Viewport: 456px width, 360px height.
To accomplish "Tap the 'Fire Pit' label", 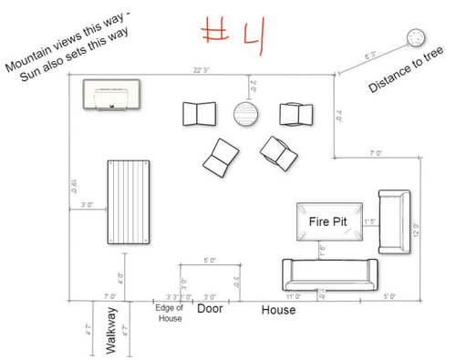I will click(x=326, y=221).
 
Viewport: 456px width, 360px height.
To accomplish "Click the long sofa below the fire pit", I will click(x=329, y=273).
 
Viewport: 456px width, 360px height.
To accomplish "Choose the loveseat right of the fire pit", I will click(x=396, y=221).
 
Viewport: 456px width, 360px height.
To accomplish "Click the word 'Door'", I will click(x=211, y=310).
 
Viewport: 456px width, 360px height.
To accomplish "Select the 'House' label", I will click(x=280, y=311).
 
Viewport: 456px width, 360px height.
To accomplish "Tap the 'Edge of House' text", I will click(x=170, y=312).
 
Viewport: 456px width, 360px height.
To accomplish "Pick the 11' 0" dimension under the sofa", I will click(x=294, y=297).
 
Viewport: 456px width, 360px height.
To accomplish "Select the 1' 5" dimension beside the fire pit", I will click(x=370, y=221).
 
